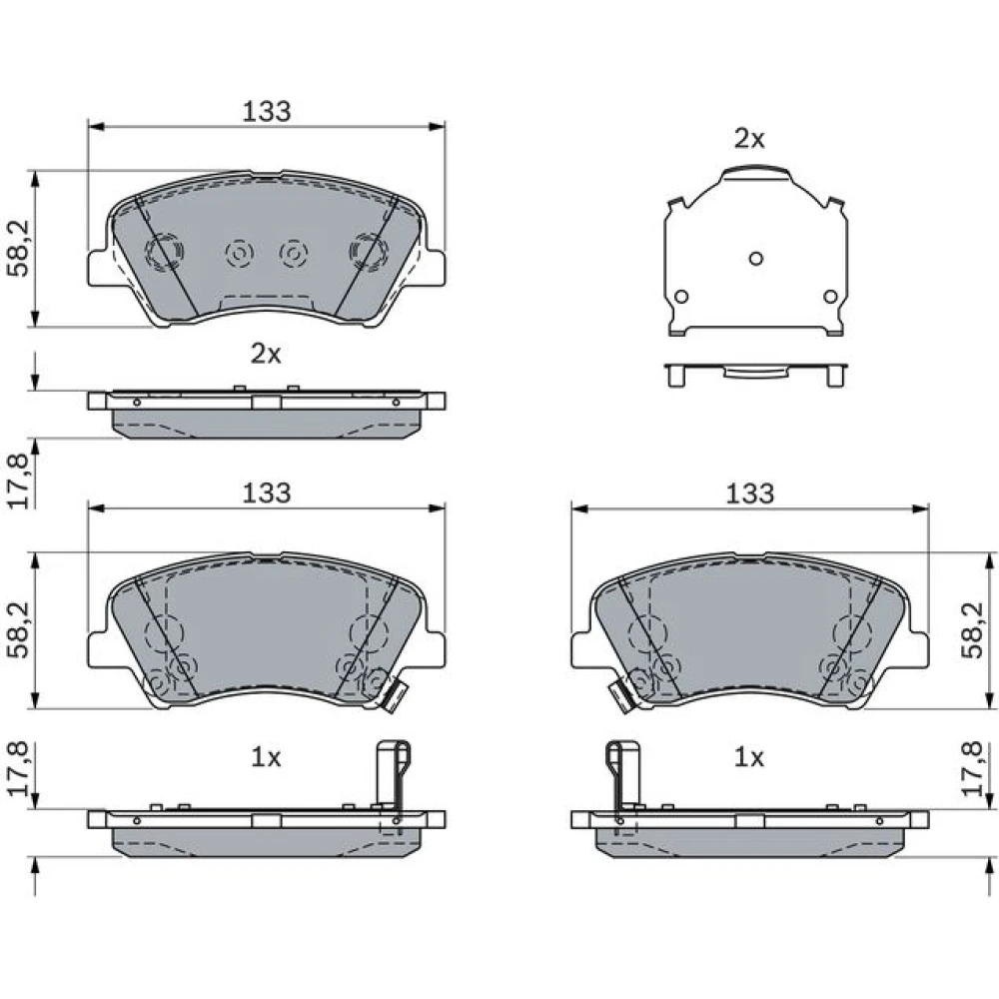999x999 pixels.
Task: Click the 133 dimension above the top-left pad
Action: click(267, 112)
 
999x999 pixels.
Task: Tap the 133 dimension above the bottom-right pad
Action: click(750, 494)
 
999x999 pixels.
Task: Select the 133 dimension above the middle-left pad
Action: click(267, 493)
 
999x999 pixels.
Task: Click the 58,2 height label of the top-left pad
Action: click(19, 249)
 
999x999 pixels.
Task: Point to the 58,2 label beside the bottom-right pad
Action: click(974, 630)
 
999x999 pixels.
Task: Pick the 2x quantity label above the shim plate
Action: click(749, 139)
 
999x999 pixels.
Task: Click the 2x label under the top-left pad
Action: click(266, 354)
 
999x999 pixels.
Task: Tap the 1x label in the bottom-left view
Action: click(266, 757)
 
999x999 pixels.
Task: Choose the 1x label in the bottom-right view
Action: click(748, 757)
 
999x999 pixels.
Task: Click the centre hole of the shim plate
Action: click(756, 259)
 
